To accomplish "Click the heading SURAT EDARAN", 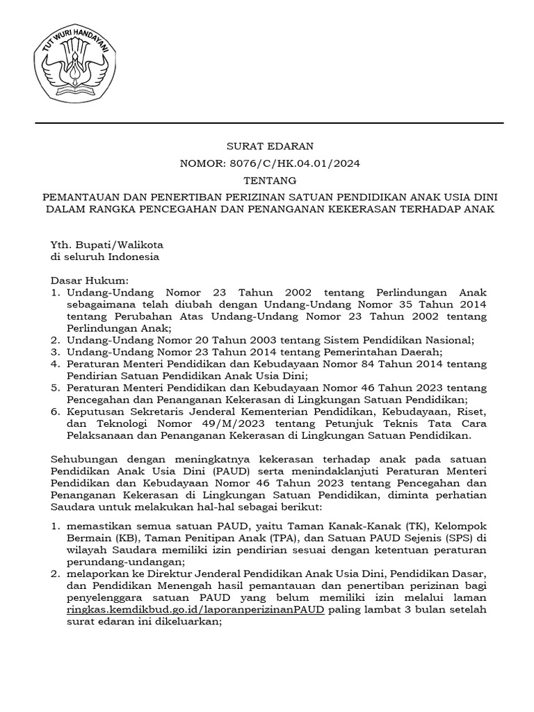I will click(x=270, y=146).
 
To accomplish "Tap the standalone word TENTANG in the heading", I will click(x=270, y=181).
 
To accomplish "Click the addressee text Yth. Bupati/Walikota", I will click(x=106, y=244).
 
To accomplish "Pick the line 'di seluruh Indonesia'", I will click(x=104, y=256).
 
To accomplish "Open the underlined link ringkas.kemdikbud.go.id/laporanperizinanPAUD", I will click(x=195, y=610).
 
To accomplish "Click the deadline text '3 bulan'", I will click(x=420, y=610).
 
